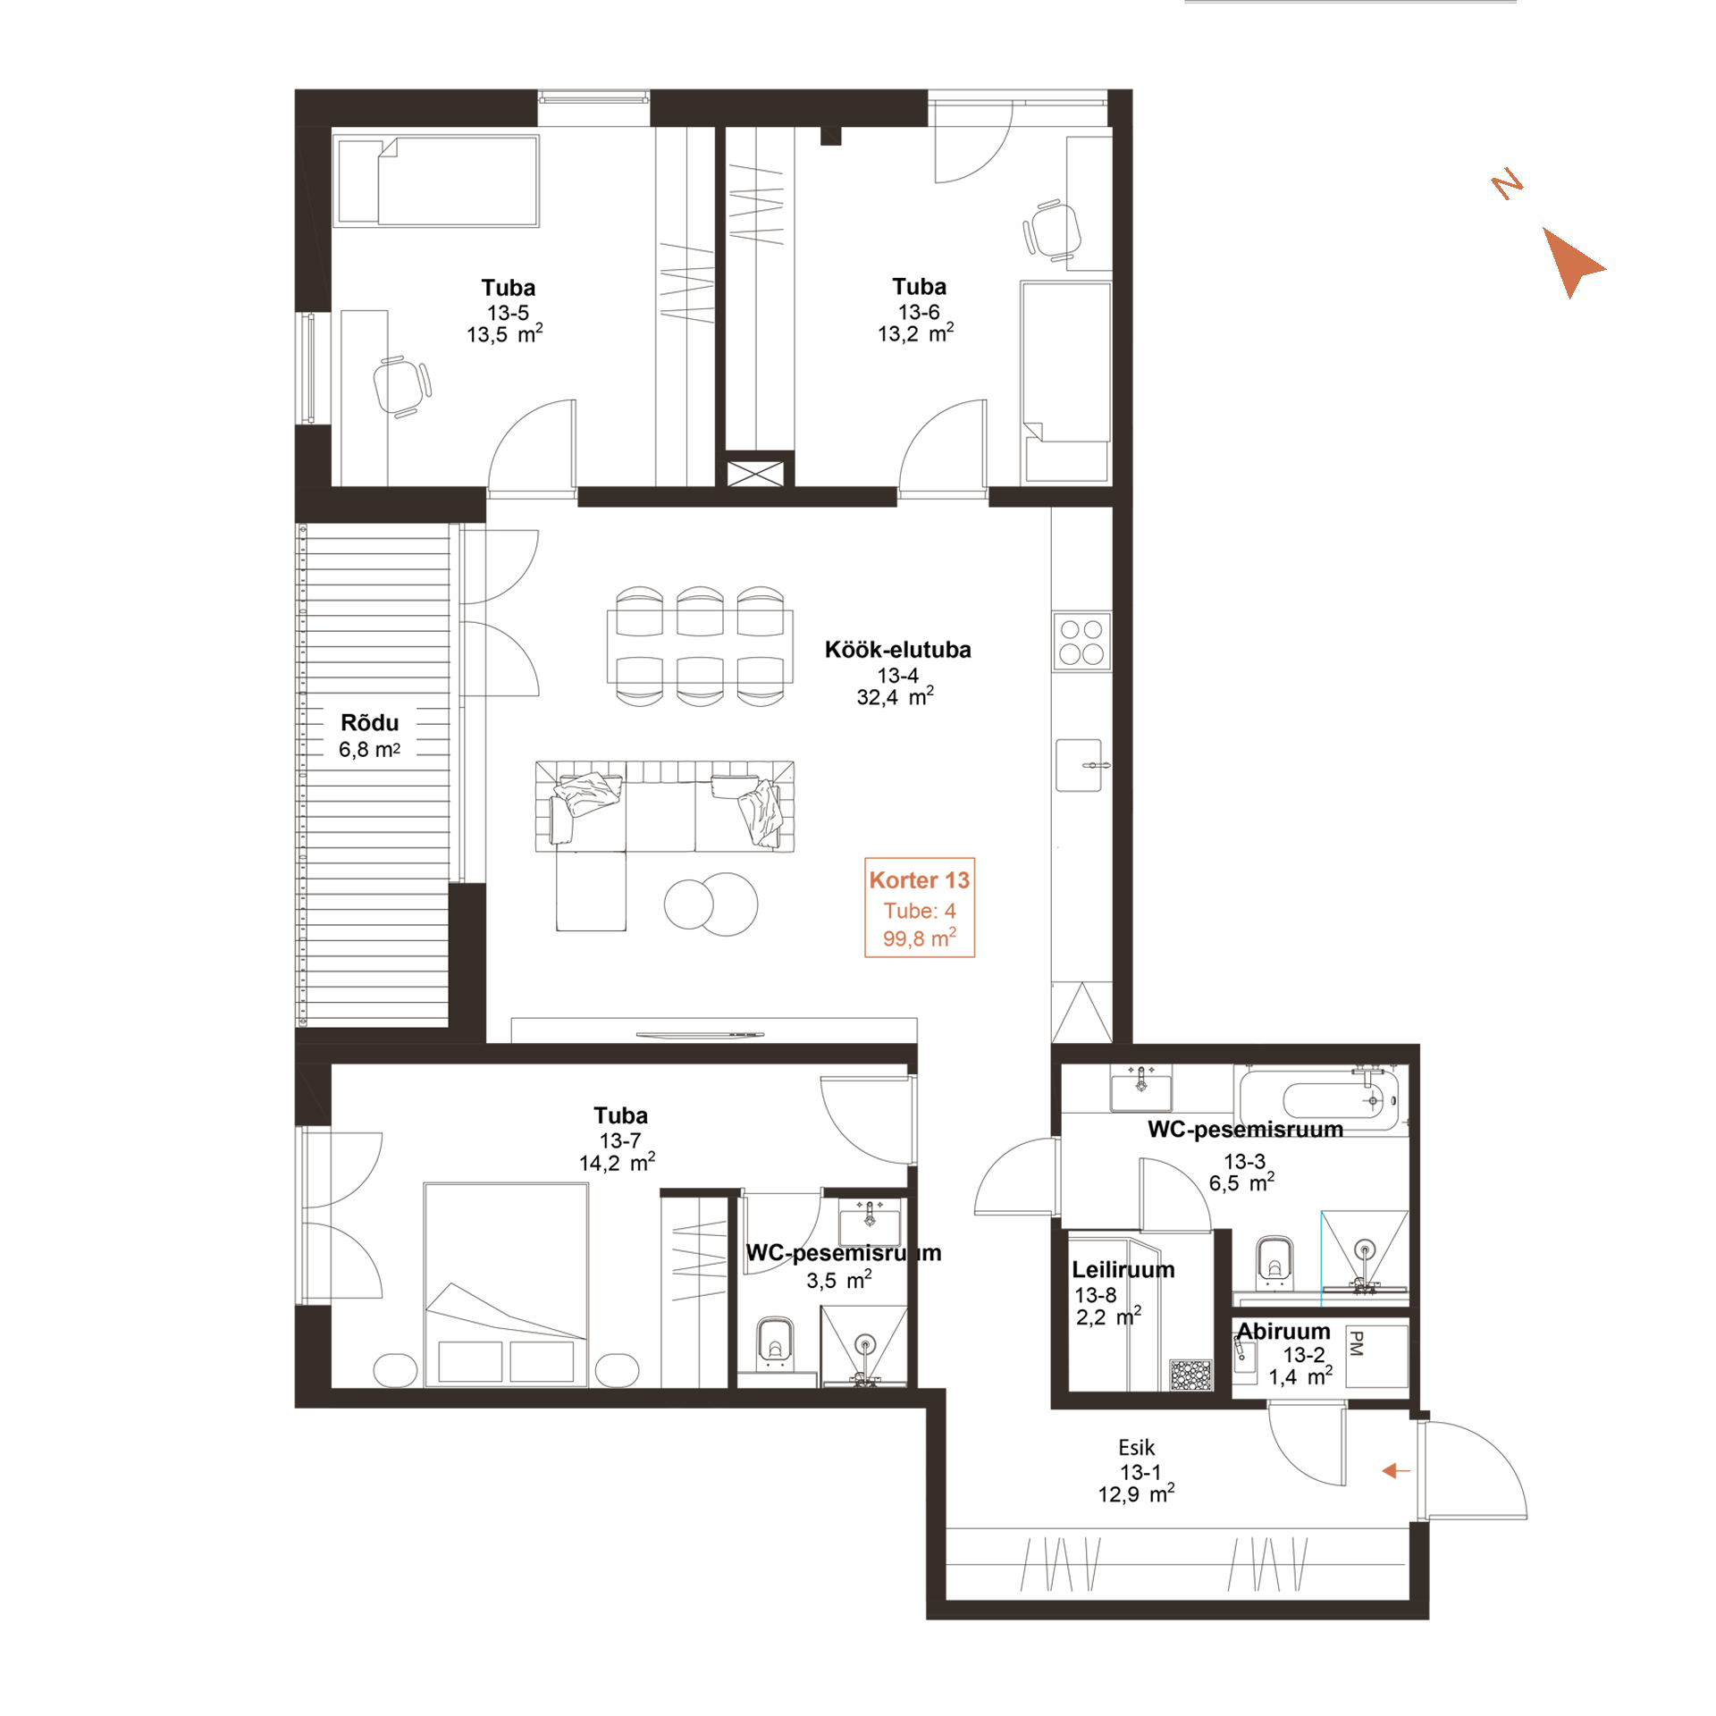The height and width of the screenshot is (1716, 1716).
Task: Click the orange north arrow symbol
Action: pyautogui.click(x=1569, y=260)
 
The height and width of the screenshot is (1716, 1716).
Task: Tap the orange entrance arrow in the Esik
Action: pyautogui.click(x=1395, y=1470)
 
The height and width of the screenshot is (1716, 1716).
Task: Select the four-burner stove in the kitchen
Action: pyautogui.click(x=1081, y=641)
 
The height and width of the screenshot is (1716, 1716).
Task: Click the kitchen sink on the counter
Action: pyautogui.click(x=1080, y=765)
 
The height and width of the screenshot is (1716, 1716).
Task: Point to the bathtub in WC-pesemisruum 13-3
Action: pyautogui.click(x=1319, y=1098)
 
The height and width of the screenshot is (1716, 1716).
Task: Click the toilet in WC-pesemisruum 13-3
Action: pyautogui.click(x=1274, y=1262)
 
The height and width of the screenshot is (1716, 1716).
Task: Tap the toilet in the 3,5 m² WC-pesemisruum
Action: pyautogui.click(x=775, y=1343)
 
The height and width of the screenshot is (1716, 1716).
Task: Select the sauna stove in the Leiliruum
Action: pyautogui.click(x=1190, y=1375)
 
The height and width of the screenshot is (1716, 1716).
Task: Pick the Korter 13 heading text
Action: pyautogui.click(x=919, y=880)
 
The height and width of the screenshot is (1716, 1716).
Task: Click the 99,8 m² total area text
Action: pyautogui.click(x=920, y=938)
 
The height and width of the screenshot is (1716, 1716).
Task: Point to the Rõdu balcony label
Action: pyautogui.click(x=369, y=722)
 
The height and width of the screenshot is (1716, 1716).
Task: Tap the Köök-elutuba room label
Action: pyautogui.click(x=897, y=650)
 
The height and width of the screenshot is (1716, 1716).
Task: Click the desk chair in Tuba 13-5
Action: pyautogui.click(x=401, y=386)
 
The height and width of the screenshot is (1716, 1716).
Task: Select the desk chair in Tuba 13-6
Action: pyautogui.click(x=1052, y=230)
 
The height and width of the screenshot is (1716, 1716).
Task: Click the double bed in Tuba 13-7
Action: pyautogui.click(x=506, y=1284)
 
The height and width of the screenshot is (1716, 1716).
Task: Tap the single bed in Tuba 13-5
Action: pyautogui.click(x=436, y=181)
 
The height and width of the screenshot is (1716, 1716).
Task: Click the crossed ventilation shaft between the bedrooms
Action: pyautogui.click(x=755, y=473)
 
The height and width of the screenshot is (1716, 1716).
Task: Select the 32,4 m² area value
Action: pyautogui.click(x=896, y=696)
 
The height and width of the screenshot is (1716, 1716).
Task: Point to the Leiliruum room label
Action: pyautogui.click(x=1123, y=1269)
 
